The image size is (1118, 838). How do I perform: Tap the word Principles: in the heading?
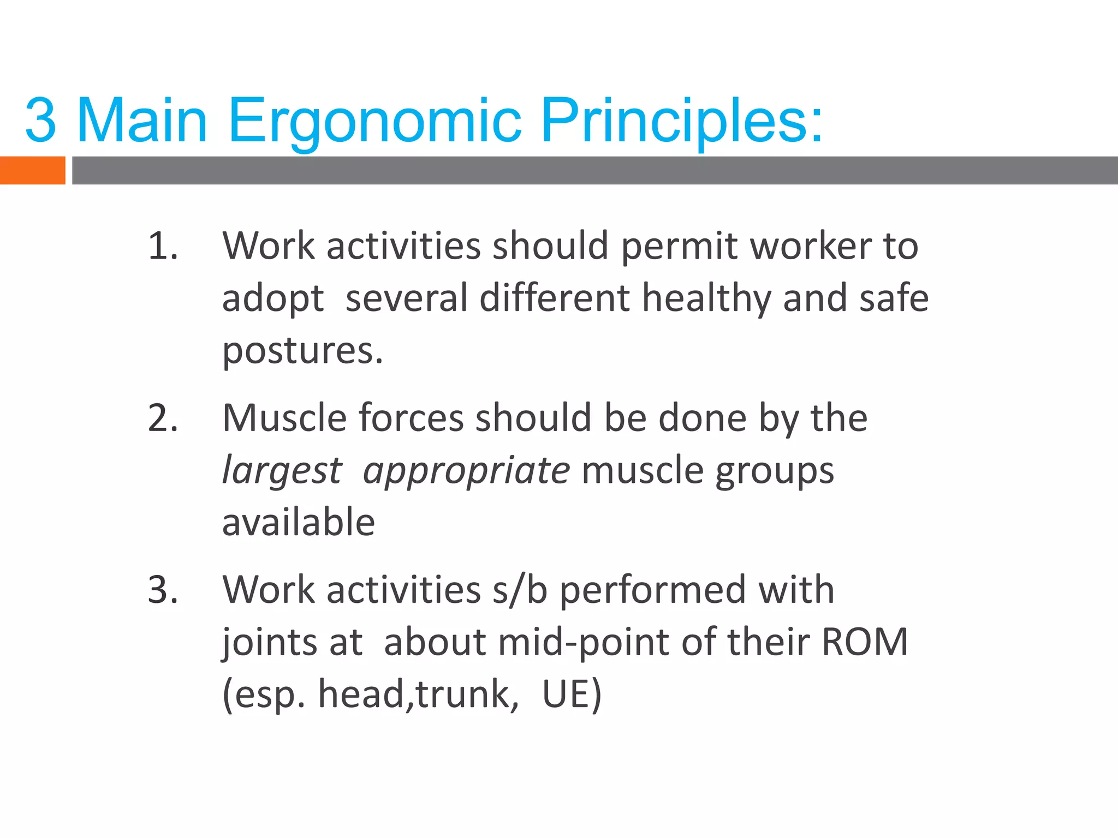(681, 121)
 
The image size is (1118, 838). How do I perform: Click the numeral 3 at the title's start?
(40, 121)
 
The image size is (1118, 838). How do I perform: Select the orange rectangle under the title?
(32, 170)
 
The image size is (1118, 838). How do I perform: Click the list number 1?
(163, 247)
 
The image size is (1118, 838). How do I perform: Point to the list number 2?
(163, 419)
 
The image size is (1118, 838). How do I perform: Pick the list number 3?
(163, 590)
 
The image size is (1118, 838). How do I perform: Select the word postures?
(302, 351)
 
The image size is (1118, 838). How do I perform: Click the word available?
(299, 523)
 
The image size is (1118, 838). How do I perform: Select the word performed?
(653, 590)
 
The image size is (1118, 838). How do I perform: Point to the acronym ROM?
(865, 643)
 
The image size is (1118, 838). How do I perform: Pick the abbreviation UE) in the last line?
(572, 695)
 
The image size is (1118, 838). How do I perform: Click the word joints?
(269, 643)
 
